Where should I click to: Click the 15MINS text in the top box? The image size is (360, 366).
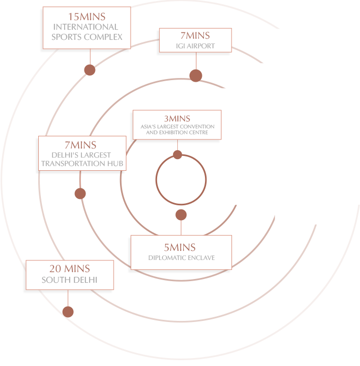87,17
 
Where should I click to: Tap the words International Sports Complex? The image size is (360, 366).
87,32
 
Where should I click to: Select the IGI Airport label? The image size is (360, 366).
195,46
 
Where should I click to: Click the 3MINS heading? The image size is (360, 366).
177,118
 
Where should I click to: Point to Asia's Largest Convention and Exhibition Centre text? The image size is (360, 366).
177,129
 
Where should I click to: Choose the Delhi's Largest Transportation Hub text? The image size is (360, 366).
82,160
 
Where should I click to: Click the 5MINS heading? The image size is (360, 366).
179,247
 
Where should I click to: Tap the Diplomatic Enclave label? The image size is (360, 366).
181,258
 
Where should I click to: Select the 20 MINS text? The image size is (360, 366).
70,268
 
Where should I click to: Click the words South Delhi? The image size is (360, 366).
70,280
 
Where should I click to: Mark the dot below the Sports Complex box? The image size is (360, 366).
90,70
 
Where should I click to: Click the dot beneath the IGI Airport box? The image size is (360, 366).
196,76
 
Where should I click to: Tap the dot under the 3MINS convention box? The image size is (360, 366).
177,155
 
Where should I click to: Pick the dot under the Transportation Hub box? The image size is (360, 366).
80,194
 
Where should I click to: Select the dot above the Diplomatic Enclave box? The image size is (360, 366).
181,215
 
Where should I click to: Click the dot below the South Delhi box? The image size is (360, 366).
67,312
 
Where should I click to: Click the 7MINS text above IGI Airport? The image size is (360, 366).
195,36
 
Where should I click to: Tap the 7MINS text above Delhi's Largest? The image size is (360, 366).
81,145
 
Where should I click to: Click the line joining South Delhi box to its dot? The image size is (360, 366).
67,300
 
